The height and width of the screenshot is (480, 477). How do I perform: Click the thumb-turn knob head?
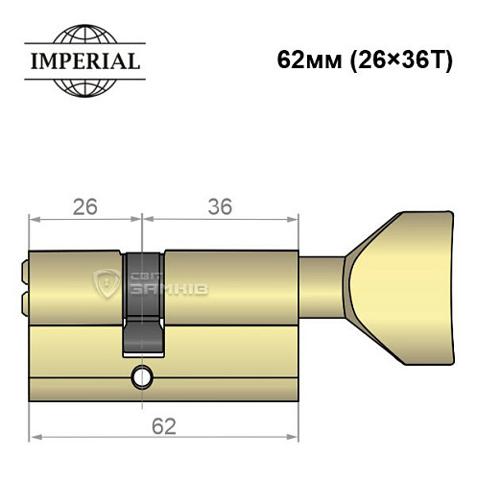(x=403, y=279)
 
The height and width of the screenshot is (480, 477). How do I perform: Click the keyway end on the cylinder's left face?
(x=22, y=277)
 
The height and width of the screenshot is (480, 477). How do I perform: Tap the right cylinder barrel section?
(x=230, y=278)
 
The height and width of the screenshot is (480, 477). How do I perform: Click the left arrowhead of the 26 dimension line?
(x=35, y=220)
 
